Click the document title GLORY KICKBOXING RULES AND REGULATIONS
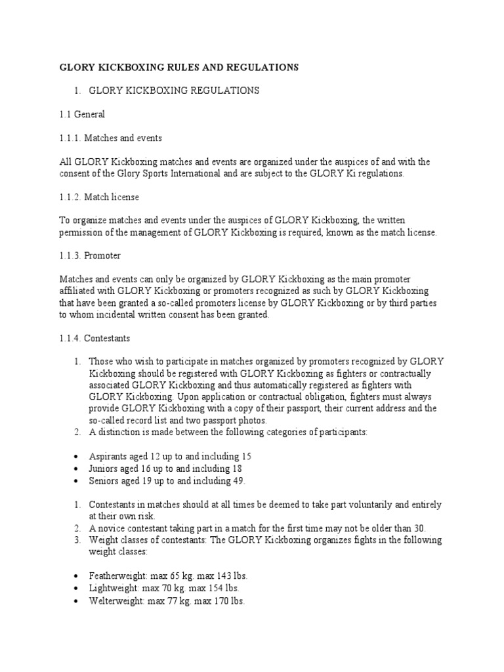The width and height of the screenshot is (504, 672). click(179, 67)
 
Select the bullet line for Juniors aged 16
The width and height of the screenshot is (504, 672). click(165, 469)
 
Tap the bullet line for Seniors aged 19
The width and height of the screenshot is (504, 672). click(167, 481)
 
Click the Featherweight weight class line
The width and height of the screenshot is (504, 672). click(168, 576)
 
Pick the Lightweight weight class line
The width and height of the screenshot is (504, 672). click(164, 588)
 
